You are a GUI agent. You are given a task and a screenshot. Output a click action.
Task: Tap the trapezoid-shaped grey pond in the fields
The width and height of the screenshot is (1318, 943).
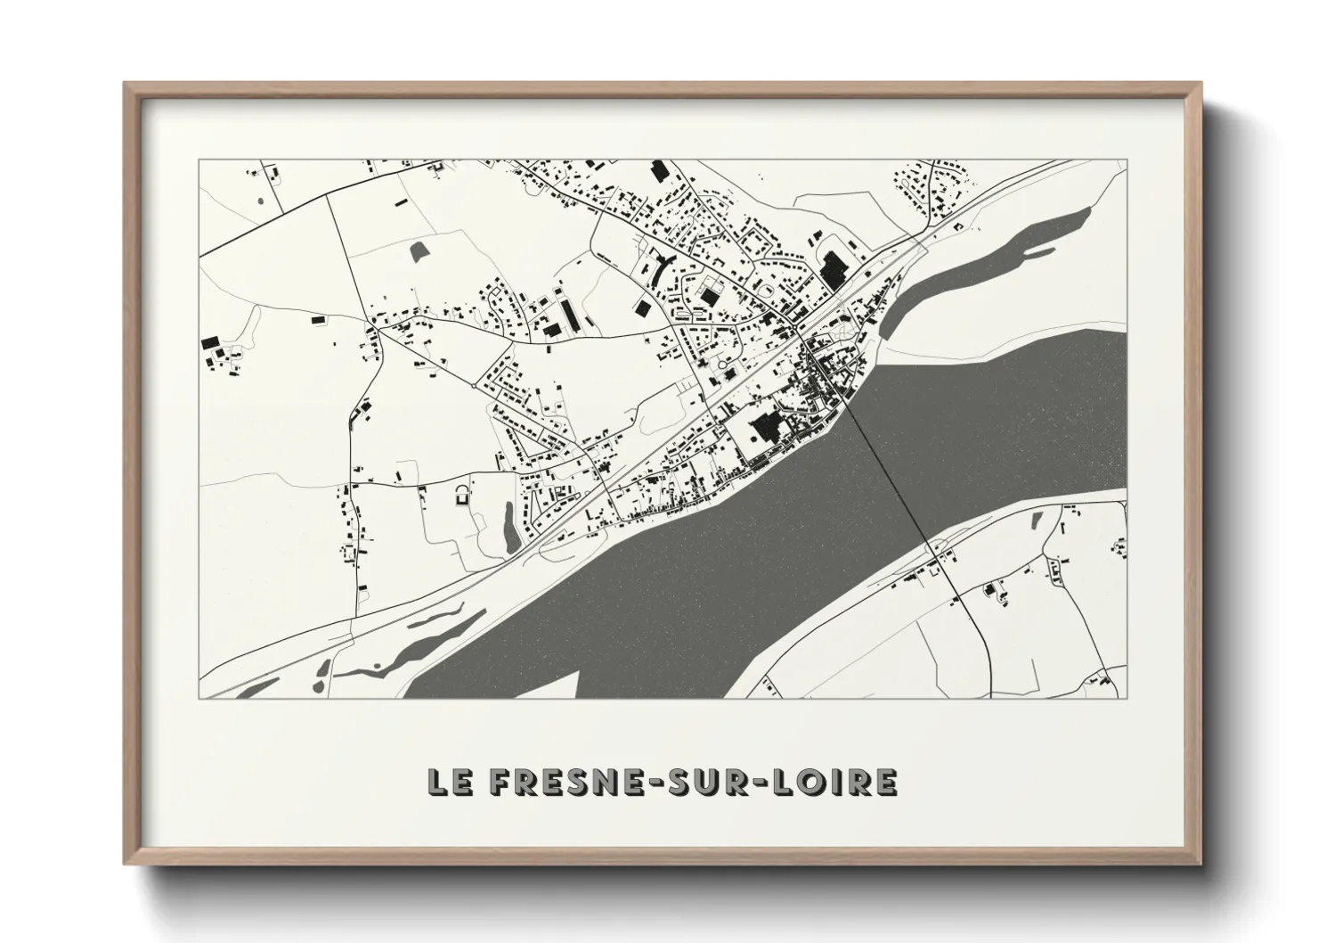click(419, 251)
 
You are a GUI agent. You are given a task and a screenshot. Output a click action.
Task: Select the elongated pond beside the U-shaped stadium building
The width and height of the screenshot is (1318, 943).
click(507, 526)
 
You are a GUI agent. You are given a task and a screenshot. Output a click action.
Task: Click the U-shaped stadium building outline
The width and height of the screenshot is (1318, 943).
click(461, 495)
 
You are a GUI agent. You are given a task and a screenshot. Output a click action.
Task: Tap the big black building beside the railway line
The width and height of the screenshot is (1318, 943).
click(834, 269)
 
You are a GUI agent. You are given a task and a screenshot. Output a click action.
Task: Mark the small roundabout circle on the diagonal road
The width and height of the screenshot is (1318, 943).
click(473, 388)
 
